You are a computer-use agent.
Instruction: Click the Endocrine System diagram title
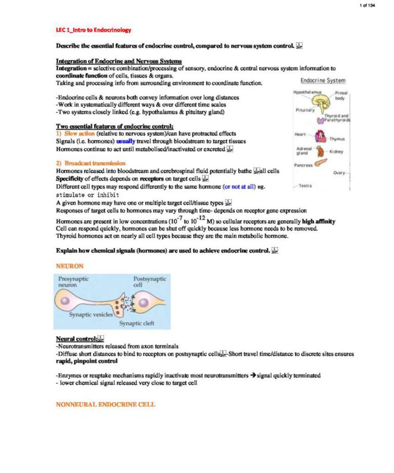(x=323, y=80)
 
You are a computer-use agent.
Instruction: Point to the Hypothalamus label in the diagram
(x=307, y=92)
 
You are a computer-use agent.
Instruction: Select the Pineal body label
(x=341, y=95)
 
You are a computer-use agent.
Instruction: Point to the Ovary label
(x=339, y=173)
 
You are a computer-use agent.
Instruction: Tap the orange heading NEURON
(x=69, y=266)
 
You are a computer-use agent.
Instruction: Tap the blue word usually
(x=126, y=141)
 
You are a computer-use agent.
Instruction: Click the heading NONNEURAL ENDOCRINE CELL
(x=106, y=404)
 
